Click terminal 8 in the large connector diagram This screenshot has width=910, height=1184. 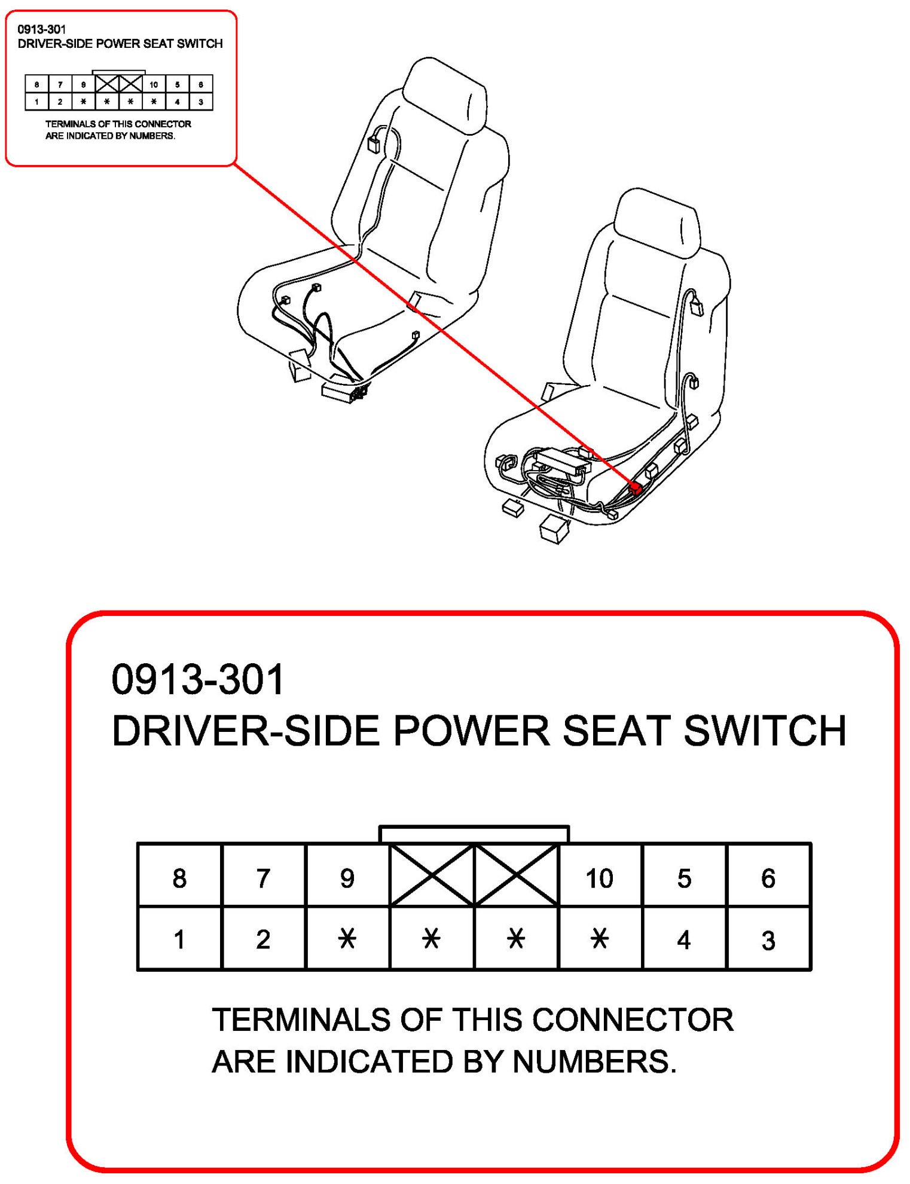[179, 878]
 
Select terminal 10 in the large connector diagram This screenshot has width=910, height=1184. [599, 878]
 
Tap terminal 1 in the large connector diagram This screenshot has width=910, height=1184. [179, 939]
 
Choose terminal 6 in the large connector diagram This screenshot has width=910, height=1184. [768, 878]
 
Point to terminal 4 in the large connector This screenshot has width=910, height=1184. [684, 939]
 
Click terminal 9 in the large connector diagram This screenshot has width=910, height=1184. [347, 878]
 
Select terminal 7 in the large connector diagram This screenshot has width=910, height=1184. [263, 878]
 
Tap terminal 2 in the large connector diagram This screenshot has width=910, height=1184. [263, 939]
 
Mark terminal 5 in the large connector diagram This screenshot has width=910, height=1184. [684, 878]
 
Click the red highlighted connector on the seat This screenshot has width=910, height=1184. [636, 489]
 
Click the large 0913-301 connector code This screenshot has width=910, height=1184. [197, 680]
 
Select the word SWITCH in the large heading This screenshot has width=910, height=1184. [765, 731]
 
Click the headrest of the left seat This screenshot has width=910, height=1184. [445, 96]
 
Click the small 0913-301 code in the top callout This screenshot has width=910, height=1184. [42, 29]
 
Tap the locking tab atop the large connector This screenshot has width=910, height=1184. [474, 834]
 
